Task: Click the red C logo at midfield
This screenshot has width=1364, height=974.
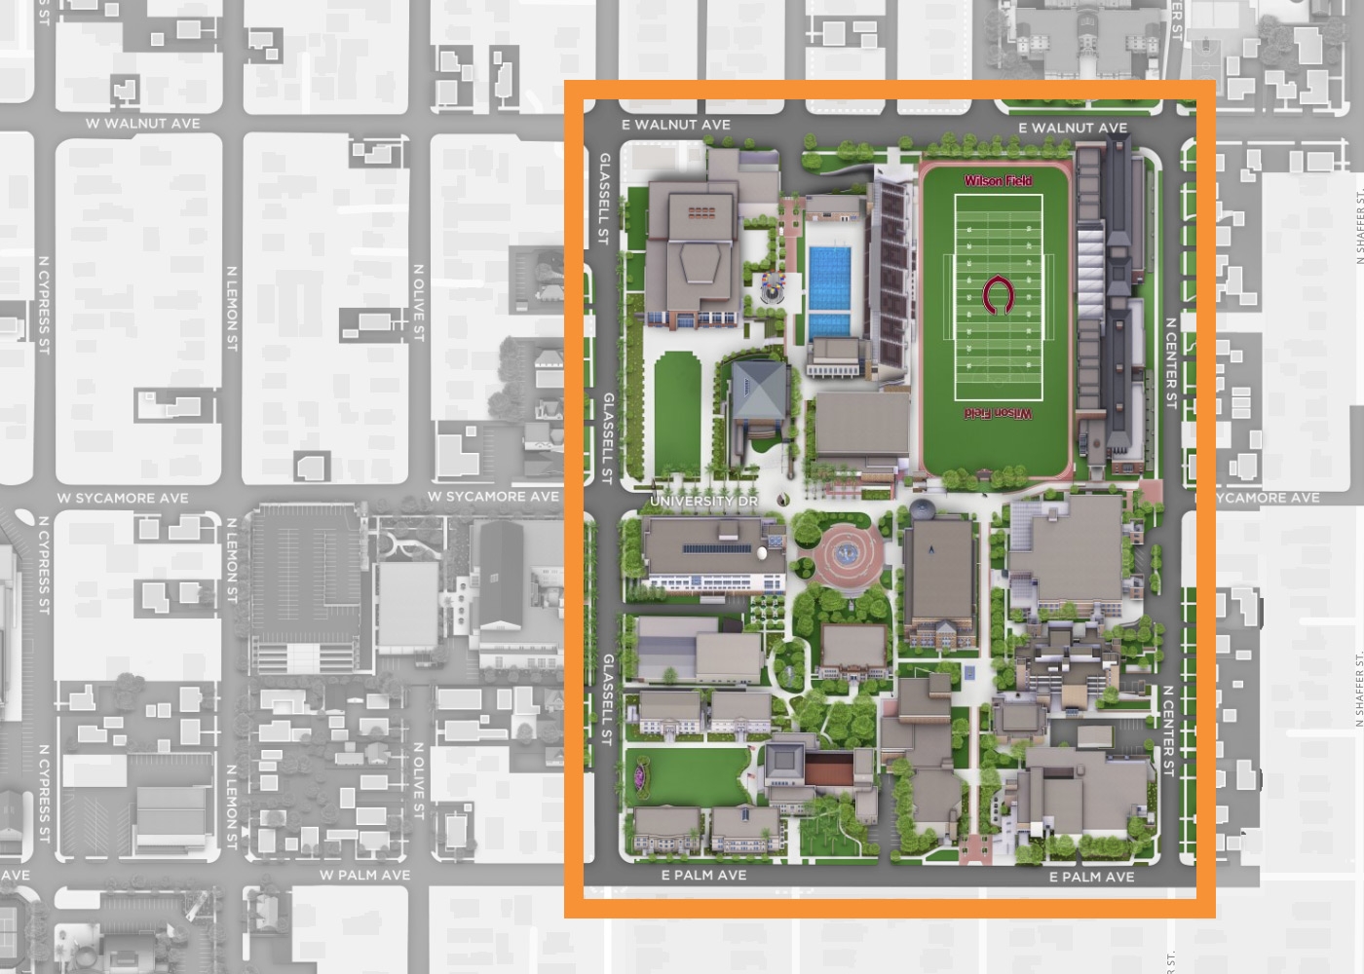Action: coord(997,296)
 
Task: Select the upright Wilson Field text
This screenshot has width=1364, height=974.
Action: coord(998,180)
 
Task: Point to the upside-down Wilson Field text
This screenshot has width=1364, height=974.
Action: coord(998,413)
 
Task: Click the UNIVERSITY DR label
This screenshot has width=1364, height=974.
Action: coord(703,501)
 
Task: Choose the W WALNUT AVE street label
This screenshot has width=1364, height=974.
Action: coord(142,124)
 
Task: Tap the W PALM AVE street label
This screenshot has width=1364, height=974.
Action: coord(364,875)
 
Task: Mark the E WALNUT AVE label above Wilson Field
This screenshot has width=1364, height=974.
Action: coord(1073,128)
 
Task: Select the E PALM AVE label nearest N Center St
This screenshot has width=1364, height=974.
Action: coord(1091,877)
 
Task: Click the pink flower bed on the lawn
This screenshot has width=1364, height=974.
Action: coord(641,774)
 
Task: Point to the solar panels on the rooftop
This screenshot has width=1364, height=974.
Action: coord(716,548)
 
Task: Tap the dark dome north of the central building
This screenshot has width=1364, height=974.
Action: coord(922,508)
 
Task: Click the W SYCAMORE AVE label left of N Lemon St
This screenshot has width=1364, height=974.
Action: coord(122,498)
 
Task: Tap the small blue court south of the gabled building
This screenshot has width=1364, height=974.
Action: coord(969,672)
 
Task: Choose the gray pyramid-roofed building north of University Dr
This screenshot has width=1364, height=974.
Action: coord(760,390)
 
